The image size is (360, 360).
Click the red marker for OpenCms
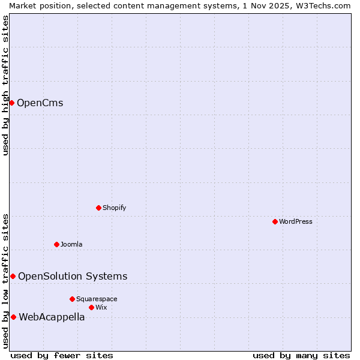(x=11, y=103)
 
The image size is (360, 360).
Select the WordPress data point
(x=275, y=221)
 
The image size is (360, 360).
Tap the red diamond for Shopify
(x=98, y=208)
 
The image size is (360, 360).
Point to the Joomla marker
(x=56, y=244)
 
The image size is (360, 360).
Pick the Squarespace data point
(x=72, y=299)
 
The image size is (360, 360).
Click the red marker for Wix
(x=91, y=307)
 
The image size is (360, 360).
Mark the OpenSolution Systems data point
(x=13, y=276)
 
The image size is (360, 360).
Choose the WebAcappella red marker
(x=13, y=317)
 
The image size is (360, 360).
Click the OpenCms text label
(x=40, y=103)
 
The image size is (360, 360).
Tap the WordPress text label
(x=296, y=221)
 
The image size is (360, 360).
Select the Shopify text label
(x=114, y=208)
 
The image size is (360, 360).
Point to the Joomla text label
(x=71, y=244)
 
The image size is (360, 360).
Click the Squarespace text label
(x=97, y=299)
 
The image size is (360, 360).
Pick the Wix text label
(x=101, y=307)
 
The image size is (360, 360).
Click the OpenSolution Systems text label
(x=73, y=276)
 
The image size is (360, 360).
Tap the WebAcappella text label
(x=52, y=317)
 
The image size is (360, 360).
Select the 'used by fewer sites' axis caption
(x=62, y=355)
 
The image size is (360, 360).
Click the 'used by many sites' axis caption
(x=301, y=355)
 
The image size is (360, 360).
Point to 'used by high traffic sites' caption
(x=5, y=85)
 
